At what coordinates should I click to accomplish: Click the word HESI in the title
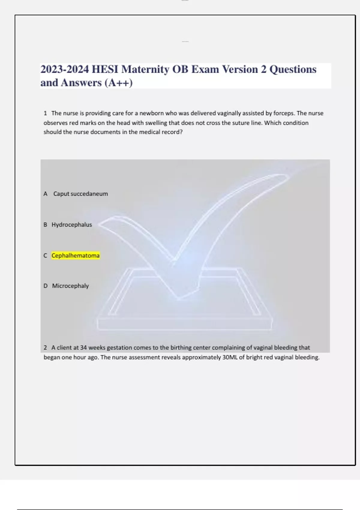pyautogui.click(x=105, y=69)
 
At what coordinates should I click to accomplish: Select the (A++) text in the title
pyautogui.click(x=118, y=83)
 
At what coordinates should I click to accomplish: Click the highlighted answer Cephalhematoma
pyautogui.click(x=75, y=256)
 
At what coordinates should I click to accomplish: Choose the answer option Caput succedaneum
pyautogui.click(x=80, y=194)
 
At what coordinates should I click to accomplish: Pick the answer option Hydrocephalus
pyautogui.click(x=72, y=225)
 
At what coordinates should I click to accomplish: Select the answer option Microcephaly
pyautogui.click(x=70, y=286)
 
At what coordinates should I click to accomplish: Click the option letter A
pyautogui.click(x=45, y=194)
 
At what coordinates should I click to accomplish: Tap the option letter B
pyautogui.click(x=45, y=225)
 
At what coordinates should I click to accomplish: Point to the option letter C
pyautogui.click(x=45, y=256)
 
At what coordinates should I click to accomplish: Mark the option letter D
pyautogui.click(x=45, y=286)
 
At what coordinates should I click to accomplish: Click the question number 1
pyautogui.click(x=45, y=113)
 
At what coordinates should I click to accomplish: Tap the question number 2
pyautogui.click(x=45, y=348)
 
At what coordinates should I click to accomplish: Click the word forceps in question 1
pyautogui.click(x=284, y=113)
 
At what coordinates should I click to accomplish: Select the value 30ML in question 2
pyautogui.click(x=230, y=357)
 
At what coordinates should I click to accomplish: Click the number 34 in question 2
pyautogui.click(x=83, y=348)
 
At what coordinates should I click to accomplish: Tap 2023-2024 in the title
pyautogui.click(x=64, y=69)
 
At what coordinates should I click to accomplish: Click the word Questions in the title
pyautogui.click(x=293, y=69)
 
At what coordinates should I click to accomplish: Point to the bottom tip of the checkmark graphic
pyautogui.click(x=179, y=298)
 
